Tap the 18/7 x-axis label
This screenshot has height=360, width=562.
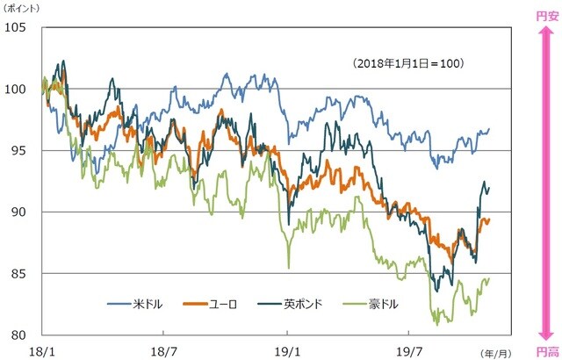click(164, 349)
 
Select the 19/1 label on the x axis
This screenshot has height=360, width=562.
click(287, 349)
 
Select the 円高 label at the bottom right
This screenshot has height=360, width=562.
click(546, 349)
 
